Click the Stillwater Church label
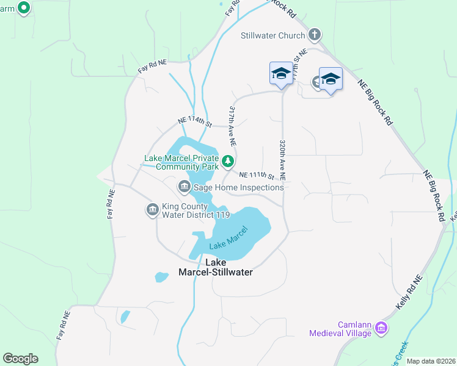(272, 35)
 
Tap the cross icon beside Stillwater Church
(315, 34)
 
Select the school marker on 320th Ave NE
(280, 74)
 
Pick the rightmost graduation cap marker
(331, 79)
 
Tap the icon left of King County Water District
(152, 210)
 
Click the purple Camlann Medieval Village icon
(381, 329)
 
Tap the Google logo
(20, 359)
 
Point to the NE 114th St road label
(194, 123)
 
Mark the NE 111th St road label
(255, 175)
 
